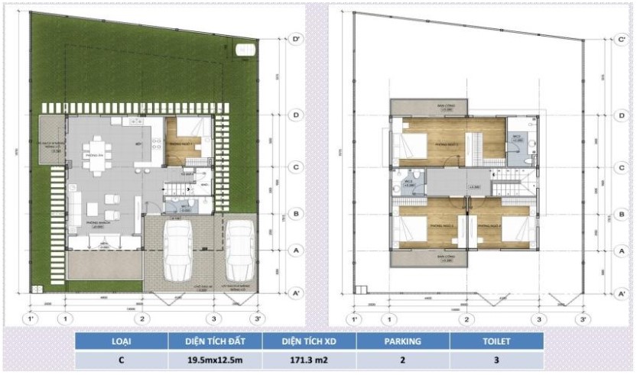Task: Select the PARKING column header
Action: coord(402,341)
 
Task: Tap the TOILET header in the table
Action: coord(496,341)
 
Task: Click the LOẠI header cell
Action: coord(121,341)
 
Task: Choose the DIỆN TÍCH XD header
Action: coord(309,341)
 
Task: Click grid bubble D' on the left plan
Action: coord(295,37)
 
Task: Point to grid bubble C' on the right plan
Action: coord(621,37)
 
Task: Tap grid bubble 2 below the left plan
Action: coord(141,318)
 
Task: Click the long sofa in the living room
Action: coord(76,204)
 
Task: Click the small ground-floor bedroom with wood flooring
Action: coord(183,141)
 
